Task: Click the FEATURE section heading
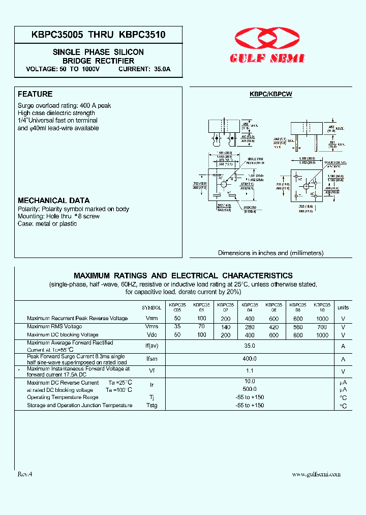35,94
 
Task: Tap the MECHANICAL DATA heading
54,201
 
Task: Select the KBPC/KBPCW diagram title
270,94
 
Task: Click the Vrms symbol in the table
151,327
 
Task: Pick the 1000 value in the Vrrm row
322,319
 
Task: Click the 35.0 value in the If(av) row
250,346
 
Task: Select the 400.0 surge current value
250,359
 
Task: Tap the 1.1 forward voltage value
250,371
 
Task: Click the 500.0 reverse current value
250,389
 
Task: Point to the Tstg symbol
151,406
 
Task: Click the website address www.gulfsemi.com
316,474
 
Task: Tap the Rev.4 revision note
25,474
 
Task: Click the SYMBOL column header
151,308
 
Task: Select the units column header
343,307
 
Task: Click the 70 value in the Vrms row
202,327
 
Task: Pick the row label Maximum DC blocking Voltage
63,335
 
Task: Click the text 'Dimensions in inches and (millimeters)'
270,253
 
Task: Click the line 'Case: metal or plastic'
47,224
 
